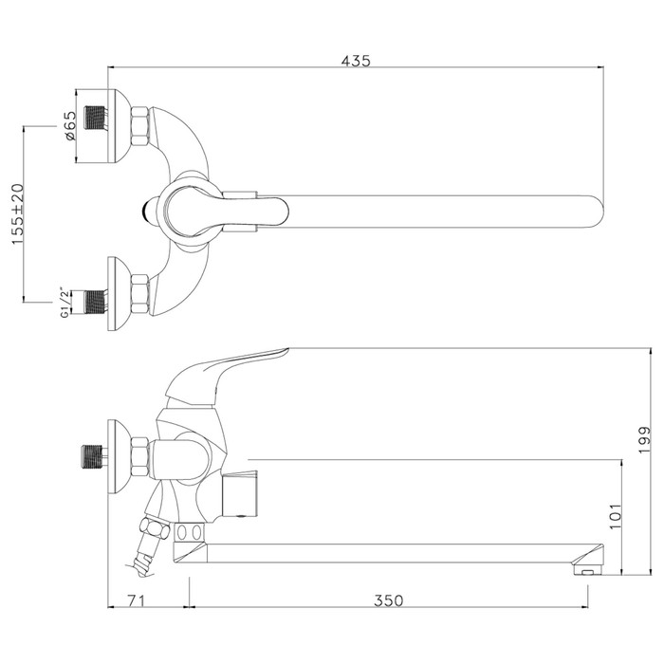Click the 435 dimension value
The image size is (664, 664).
click(356, 61)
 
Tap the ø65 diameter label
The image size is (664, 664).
click(70, 126)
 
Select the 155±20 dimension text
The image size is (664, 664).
click(18, 213)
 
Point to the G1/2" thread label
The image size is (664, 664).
click(65, 304)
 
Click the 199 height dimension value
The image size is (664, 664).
click(644, 440)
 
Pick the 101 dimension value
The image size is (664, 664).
click(615, 516)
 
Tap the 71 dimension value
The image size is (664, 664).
click(137, 600)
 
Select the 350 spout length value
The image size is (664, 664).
click(388, 600)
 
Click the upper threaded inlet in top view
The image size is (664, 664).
click(95, 118)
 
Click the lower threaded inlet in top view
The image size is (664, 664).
click(95, 303)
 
